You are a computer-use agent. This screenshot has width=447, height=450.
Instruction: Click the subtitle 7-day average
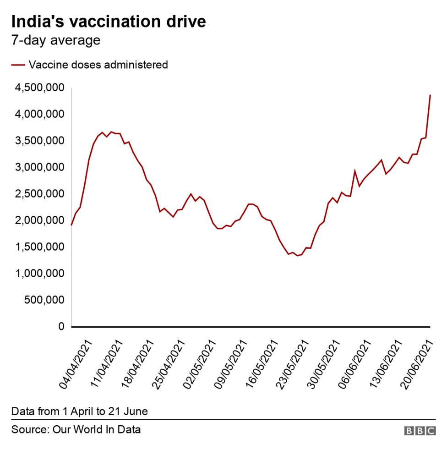(55, 40)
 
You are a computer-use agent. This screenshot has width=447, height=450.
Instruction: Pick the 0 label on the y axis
(61, 326)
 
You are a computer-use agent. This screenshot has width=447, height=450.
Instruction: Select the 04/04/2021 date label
(76, 364)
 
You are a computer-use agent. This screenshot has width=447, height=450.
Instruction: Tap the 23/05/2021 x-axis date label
(290, 364)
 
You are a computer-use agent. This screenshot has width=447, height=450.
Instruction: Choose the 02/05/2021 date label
(199, 364)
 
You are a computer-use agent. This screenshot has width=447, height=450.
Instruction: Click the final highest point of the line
(430, 95)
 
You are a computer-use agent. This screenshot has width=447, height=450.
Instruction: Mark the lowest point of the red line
(297, 256)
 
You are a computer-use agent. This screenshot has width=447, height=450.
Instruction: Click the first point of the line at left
(71, 225)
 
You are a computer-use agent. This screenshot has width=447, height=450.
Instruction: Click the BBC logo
(420, 430)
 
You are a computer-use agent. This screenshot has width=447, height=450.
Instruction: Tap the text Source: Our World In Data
(76, 430)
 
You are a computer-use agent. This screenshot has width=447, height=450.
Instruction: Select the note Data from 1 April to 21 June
(80, 411)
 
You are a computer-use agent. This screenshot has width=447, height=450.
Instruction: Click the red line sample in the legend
(18, 65)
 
